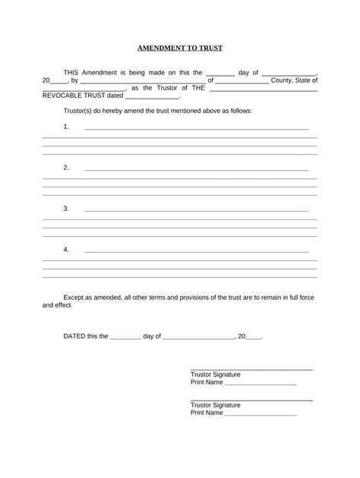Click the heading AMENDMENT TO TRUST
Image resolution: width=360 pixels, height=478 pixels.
179,47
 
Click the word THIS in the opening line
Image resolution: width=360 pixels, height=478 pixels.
74,72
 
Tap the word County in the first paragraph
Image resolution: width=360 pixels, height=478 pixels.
284,80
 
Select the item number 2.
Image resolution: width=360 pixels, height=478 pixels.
66,167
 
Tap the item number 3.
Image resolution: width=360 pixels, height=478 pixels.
66,208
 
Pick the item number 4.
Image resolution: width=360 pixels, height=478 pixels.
66,249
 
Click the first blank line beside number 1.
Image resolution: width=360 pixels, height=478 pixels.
196,129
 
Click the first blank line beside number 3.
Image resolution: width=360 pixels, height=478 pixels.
196,211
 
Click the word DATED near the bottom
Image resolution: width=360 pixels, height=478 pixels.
74,335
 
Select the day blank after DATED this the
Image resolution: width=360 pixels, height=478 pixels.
126,338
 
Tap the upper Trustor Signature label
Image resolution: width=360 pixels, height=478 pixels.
215,375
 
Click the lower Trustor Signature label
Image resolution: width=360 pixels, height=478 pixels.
215,405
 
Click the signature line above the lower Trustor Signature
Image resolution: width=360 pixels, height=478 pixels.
251,400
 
